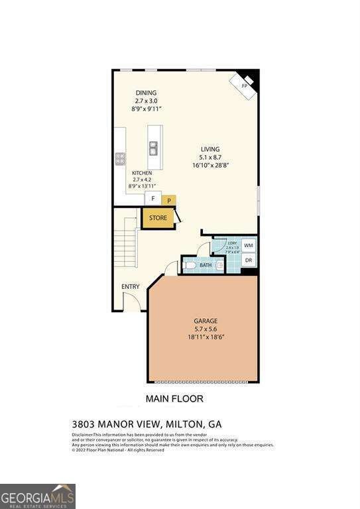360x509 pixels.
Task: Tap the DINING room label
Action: pos(146,93)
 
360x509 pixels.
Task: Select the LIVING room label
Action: pos(210,149)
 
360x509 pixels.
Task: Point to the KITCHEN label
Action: pos(142,172)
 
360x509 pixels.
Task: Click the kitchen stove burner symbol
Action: pos(120,158)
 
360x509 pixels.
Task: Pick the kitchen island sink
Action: pos(154,147)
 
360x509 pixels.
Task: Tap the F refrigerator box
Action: pos(153,198)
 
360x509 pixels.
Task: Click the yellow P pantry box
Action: pos(169,199)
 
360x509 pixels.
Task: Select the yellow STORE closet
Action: pos(158,217)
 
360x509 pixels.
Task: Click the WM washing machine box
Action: pos(249,245)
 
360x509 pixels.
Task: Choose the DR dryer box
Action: pos(249,260)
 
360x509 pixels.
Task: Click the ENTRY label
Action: pos(130,286)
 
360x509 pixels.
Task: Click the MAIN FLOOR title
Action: pos(174,399)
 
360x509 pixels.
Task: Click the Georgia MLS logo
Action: pos(38,496)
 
